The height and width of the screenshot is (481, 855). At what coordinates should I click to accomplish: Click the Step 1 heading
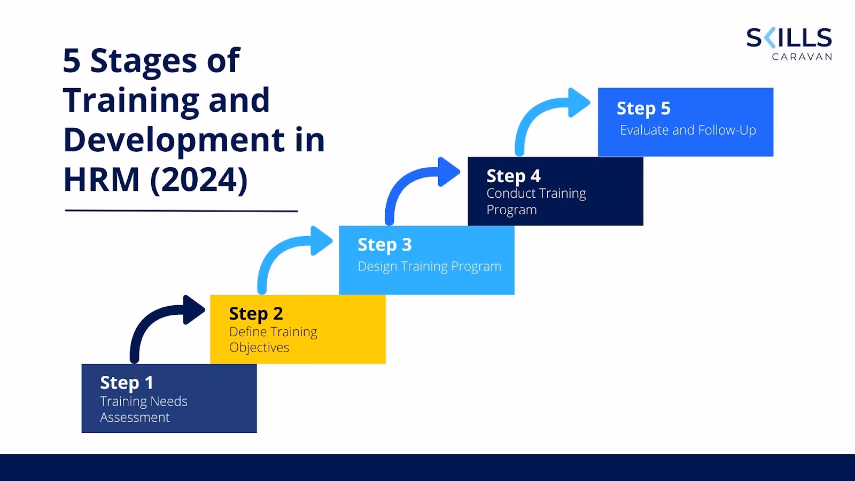pos(127,383)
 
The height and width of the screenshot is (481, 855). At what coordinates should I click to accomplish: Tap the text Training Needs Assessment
pos(143,409)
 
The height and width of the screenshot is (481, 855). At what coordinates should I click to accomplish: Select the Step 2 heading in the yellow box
pos(255,314)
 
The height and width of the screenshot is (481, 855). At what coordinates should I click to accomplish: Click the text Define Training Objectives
pos(273,339)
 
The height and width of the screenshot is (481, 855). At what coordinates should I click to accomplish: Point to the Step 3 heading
pos(384,245)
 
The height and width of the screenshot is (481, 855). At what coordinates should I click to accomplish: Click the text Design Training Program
pos(429,266)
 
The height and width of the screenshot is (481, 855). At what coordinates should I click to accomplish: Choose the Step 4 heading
pos(513,176)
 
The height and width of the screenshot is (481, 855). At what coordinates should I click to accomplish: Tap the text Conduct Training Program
pos(535,201)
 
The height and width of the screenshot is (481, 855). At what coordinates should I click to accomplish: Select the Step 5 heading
pos(643,108)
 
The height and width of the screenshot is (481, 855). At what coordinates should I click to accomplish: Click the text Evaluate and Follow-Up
pos(687,130)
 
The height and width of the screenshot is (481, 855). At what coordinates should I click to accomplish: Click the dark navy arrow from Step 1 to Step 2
pos(160,321)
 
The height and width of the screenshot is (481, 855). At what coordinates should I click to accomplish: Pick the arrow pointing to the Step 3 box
pos(289,251)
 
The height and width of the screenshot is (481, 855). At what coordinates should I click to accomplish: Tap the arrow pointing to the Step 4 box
pos(417,182)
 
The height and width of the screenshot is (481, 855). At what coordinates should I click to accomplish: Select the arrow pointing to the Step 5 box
pos(545,112)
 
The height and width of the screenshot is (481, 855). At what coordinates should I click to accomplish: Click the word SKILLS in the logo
pos(789,38)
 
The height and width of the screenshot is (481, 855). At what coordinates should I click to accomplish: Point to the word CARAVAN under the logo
pos(802,57)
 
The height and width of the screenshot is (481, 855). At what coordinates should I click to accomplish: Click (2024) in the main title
pos(198,180)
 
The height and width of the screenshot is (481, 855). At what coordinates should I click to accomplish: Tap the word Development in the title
pos(174,140)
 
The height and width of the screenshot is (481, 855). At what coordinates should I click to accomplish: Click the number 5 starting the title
pos(72,61)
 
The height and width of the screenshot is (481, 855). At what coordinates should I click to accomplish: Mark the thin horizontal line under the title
pos(181,211)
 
